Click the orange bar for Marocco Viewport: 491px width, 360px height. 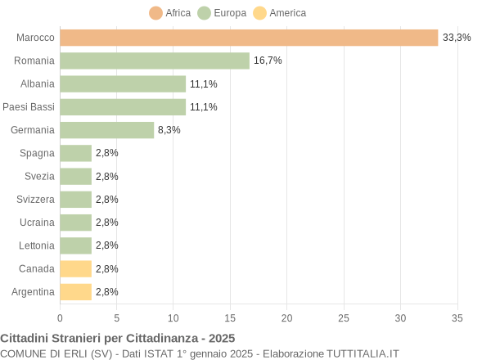click(249, 38)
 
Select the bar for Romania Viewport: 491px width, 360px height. click(155, 61)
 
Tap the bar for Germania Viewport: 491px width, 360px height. click(107, 130)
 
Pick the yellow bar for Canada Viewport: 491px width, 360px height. click(76, 268)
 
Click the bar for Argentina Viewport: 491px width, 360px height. click(76, 291)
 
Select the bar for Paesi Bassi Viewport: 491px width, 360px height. click(123, 107)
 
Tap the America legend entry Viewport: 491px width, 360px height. click(279, 13)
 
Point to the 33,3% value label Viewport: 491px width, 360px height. click(457, 38)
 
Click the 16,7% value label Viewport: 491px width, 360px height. click(268, 61)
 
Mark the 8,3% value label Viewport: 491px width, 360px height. click(169, 130)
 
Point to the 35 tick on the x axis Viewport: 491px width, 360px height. click(457, 317)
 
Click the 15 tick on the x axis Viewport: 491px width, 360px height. click(230, 317)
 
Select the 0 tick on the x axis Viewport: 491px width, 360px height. click(60, 317)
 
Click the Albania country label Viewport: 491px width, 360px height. click(37, 83)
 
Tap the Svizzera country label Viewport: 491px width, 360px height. click(35, 199)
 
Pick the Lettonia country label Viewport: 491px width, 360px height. click(36, 245)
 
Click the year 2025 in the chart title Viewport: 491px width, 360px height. click(221, 338)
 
